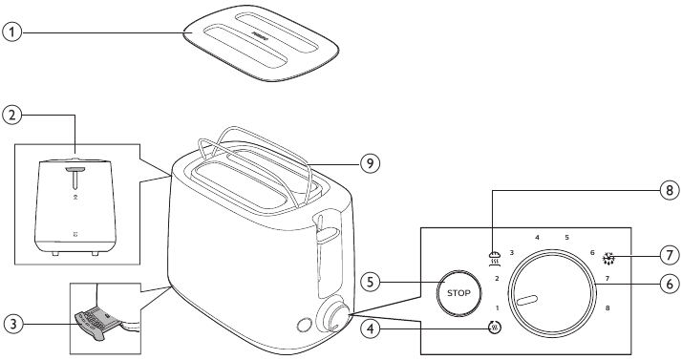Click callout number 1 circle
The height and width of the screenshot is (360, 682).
pyautogui.click(x=12, y=32)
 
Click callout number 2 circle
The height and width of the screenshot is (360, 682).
pyautogui.click(x=12, y=116)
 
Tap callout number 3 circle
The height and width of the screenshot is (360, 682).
pyautogui.click(x=14, y=325)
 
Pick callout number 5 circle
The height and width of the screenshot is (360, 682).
pyautogui.click(x=371, y=282)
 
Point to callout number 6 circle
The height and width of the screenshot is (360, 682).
pyautogui.click(x=670, y=284)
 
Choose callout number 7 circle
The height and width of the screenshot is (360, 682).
pyautogui.click(x=670, y=255)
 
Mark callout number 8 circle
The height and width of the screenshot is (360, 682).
pyautogui.click(x=670, y=190)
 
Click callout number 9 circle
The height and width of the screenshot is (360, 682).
pyautogui.click(x=371, y=163)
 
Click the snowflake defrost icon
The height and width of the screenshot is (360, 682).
pyautogui.click(x=608, y=259)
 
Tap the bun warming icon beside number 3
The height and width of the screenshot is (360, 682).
pyautogui.click(x=495, y=258)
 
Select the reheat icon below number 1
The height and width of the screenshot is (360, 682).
pyautogui.click(x=494, y=328)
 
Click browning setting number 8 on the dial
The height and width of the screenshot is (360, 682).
pyautogui.click(x=607, y=307)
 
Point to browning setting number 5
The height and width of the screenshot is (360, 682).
pyautogui.click(x=566, y=238)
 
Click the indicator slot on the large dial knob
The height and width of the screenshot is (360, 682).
pyautogui.click(x=527, y=300)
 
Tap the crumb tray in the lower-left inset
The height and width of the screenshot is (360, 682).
pyautogui.click(x=95, y=322)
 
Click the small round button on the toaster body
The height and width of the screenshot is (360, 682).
pyautogui.click(x=304, y=325)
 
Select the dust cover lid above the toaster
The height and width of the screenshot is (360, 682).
pyautogui.click(x=261, y=43)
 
